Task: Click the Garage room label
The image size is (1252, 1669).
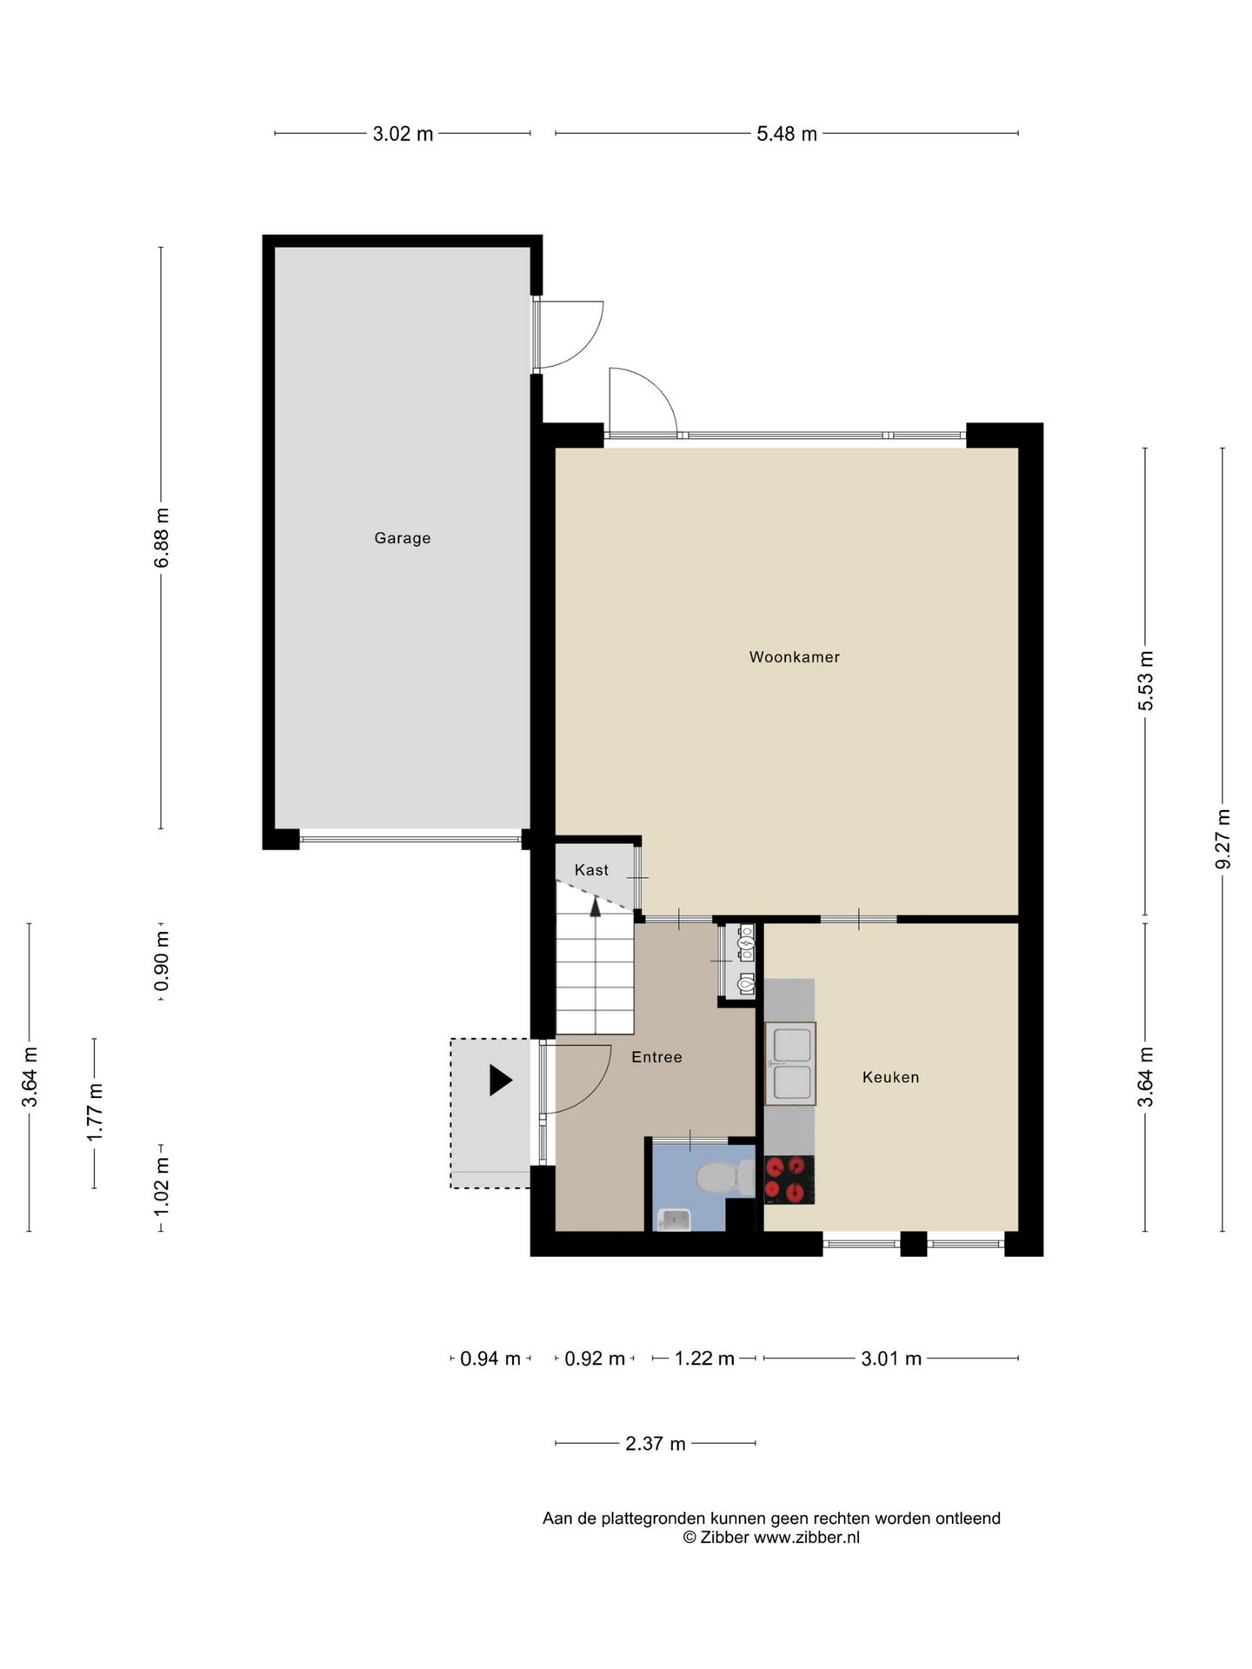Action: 403,538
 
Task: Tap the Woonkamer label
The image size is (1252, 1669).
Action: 795,657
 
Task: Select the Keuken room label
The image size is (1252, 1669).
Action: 890,1077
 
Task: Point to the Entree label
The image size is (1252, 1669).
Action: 656,1057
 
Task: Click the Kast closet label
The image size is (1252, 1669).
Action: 591,870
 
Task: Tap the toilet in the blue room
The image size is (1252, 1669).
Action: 725,1178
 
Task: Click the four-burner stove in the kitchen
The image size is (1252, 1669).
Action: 789,1180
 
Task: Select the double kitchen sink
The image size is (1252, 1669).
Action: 790,1063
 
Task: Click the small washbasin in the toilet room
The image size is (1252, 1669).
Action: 674,1220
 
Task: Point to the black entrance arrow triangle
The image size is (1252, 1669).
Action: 500,1080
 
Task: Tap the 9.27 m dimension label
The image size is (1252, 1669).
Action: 1222,839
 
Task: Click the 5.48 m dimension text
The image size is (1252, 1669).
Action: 787,134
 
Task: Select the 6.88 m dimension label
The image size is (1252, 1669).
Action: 161,538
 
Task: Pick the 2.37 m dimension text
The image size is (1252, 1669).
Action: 656,1444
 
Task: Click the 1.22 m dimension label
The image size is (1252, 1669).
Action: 705,1358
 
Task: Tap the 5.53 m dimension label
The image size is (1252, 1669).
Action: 1145,681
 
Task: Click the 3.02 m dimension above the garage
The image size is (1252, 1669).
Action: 403,134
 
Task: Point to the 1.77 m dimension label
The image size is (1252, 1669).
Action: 94,1114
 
